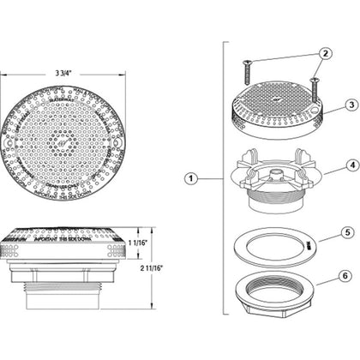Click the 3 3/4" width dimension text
point(73,71)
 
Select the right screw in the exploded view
point(315,89)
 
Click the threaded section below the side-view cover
point(73,265)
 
